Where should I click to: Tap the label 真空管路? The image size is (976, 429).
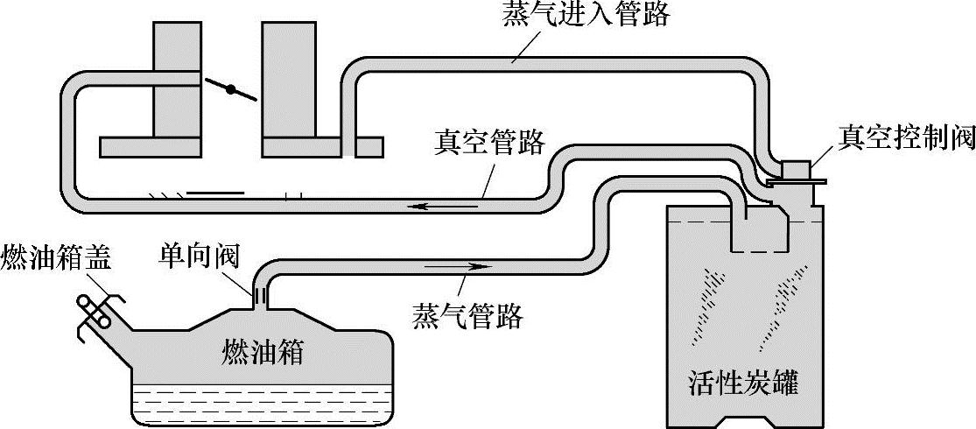[489, 143]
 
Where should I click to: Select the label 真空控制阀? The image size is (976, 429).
[906, 138]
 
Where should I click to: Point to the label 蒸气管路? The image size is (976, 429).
[467, 315]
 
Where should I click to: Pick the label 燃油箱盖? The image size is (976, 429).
[56, 260]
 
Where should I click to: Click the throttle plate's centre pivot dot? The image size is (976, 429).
[231, 88]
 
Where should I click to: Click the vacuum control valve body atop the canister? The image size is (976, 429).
[795, 170]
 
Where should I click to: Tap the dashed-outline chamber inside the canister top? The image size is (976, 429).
[759, 229]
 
